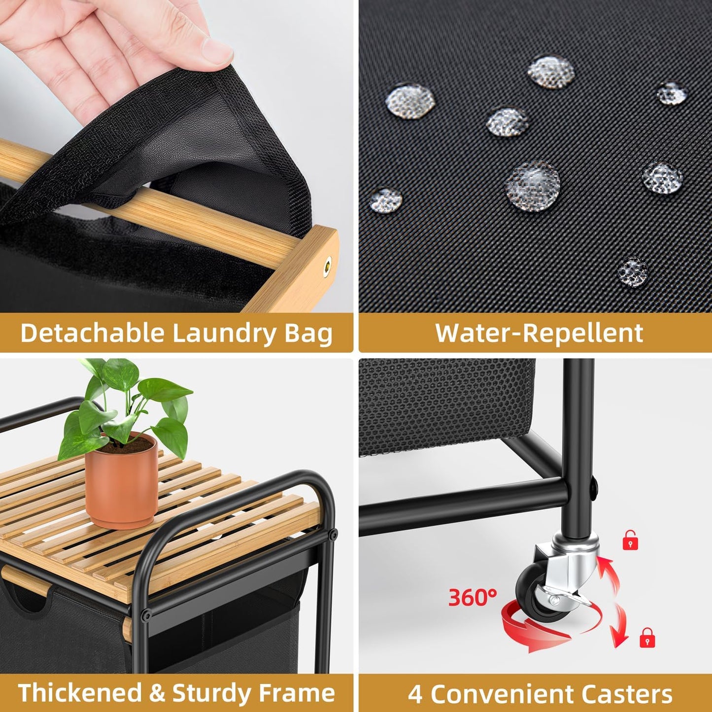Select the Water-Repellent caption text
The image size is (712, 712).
click(539, 333)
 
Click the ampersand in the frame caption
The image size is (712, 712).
click(157, 693)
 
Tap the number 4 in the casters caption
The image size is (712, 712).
click(415, 694)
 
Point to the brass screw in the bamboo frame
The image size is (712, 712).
click(326, 265)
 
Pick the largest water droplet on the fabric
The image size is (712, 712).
click(533, 186)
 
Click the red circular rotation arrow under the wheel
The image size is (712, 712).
click(537, 628)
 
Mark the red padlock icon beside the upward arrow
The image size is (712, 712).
click(630, 541)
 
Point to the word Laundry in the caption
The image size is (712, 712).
click(225, 333)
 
